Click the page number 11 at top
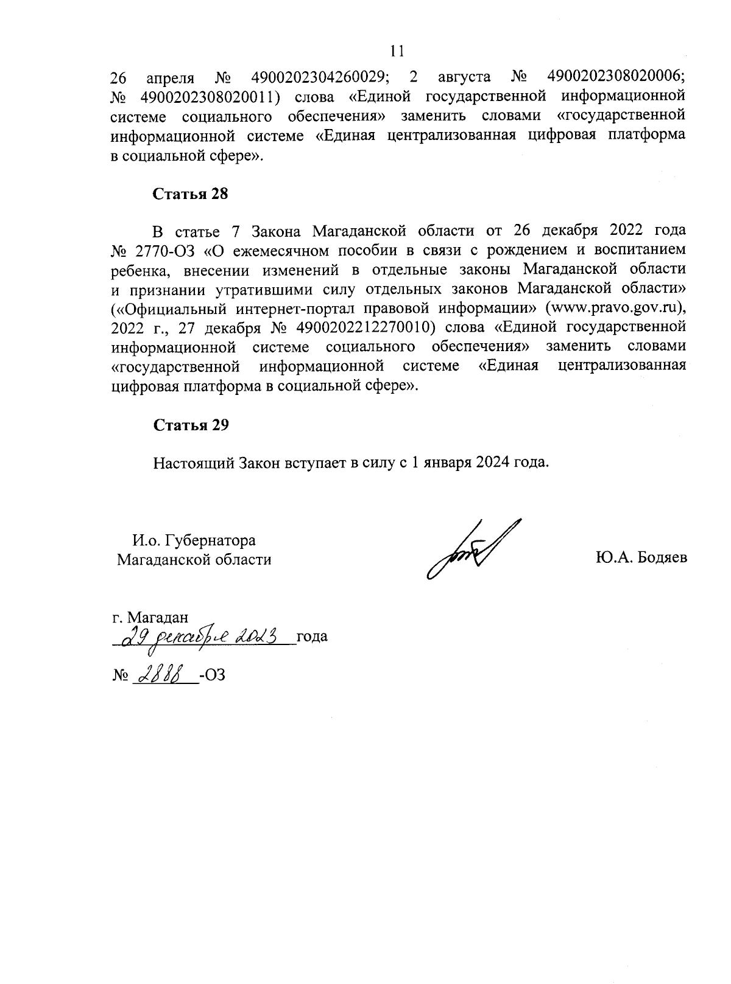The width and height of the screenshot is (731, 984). point(397,51)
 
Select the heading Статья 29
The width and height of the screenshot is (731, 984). point(190,425)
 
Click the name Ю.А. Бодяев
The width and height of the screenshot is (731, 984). point(641,558)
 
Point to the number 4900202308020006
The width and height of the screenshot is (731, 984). point(616,77)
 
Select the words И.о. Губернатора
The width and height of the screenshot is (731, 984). point(194,540)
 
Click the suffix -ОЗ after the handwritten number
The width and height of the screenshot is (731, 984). point(213,675)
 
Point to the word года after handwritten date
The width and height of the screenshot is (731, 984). point(312,637)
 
